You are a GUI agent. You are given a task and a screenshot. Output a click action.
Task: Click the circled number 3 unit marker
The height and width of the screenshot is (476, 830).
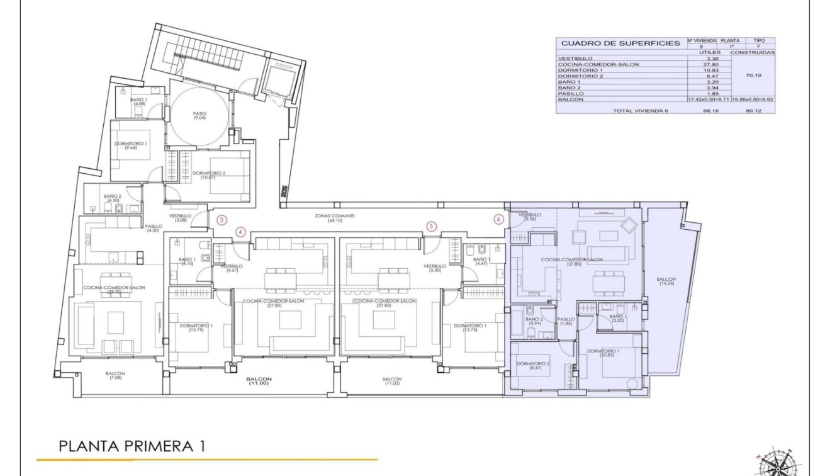click(x=222, y=220)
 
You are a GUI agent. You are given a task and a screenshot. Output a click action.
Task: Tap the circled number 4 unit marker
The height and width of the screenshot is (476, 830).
click(x=240, y=232)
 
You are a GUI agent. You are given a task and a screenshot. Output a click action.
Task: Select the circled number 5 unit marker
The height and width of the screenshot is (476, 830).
click(x=431, y=226)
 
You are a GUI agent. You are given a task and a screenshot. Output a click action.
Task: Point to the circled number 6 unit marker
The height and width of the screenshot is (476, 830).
click(x=499, y=220)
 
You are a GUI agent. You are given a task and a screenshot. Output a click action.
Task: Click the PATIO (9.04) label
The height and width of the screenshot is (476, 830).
click(x=199, y=116)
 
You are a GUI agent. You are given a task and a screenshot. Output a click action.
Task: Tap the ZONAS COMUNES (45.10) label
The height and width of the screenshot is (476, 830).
click(x=335, y=217)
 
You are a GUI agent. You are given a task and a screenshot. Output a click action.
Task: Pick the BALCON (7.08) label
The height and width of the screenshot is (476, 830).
click(x=115, y=376)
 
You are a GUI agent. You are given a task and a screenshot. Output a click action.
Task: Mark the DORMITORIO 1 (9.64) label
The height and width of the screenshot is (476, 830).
click(x=131, y=145)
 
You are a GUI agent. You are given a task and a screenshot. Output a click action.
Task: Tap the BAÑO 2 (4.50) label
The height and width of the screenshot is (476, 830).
click(x=114, y=198)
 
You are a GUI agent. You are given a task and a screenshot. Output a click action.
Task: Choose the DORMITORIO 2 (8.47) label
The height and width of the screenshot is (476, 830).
click(x=533, y=366)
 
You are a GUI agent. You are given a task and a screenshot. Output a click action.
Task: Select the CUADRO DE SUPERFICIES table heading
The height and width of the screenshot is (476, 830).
click(x=620, y=43)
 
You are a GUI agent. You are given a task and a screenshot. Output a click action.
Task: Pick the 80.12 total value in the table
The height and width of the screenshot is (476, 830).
click(x=753, y=110)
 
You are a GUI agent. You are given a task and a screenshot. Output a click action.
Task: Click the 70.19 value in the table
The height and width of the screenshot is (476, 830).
click(x=753, y=74)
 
